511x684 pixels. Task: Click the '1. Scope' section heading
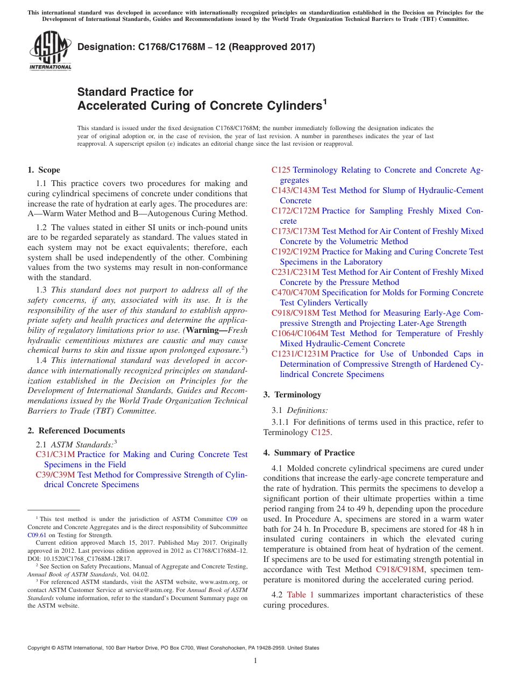tap(44, 170)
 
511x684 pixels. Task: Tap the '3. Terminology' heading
tap(292, 395)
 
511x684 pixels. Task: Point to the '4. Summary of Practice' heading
tap(309, 453)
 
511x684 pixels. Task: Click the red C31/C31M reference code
tap(55, 454)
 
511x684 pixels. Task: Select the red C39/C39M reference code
tap(55, 475)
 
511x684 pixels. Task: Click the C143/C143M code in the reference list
tap(295, 190)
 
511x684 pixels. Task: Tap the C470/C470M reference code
tap(295, 293)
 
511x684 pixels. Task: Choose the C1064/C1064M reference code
tap(300, 333)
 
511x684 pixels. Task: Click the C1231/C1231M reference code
tap(300, 354)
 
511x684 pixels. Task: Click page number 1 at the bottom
tap(256, 660)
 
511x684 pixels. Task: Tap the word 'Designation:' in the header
tap(104, 47)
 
